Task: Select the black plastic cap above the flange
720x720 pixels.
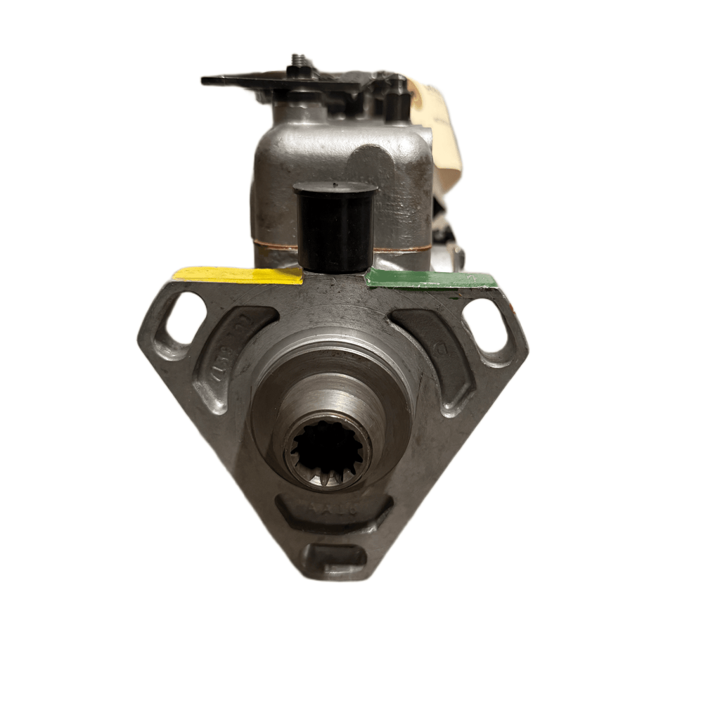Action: [334, 229]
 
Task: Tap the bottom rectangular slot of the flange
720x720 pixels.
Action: [335, 555]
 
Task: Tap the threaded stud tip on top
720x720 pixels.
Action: [296, 59]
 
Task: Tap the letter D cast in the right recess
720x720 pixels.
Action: [443, 348]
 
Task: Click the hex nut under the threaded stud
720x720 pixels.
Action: [295, 72]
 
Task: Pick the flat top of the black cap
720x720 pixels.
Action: [334, 189]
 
